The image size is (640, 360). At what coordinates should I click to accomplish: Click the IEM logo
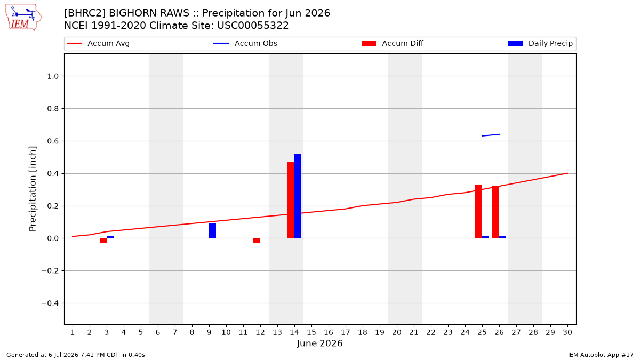(23, 18)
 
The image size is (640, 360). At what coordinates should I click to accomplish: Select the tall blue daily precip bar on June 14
(298, 196)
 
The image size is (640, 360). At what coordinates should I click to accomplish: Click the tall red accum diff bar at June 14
(291, 200)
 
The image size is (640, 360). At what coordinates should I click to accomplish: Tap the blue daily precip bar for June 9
(212, 230)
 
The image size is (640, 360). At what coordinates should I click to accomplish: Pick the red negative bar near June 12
(257, 241)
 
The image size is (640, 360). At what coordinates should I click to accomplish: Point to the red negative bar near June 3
(103, 241)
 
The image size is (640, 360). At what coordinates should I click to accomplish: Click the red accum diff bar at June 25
(478, 211)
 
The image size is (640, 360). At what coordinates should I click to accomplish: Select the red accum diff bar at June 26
(495, 212)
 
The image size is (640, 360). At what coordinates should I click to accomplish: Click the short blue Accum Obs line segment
(491, 135)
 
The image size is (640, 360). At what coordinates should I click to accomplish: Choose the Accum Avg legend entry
(98, 43)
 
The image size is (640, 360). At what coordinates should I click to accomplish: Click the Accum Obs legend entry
(245, 43)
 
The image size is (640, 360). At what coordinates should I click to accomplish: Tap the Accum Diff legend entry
(393, 43)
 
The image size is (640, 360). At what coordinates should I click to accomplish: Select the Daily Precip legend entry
(540, 43)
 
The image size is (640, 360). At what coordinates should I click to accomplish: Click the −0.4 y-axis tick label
(50, 303)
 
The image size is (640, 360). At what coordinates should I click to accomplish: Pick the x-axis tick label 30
(567, 333)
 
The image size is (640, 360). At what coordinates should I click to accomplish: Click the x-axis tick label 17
(346, 333)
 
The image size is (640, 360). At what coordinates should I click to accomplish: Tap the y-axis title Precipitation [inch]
(33, 189)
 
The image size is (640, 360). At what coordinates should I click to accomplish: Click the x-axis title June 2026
(319, 343)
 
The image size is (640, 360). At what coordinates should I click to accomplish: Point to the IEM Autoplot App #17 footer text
(601, 355)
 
